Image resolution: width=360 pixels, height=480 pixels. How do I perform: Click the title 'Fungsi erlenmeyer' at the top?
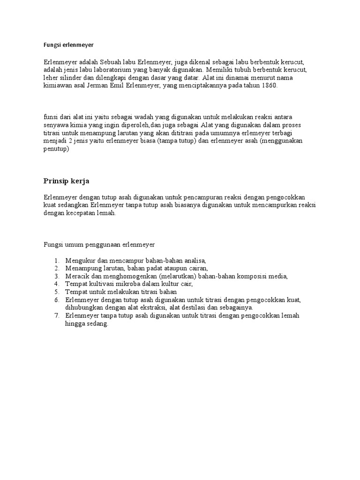(69, 45)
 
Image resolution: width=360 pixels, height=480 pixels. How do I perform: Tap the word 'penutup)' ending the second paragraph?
(56, 149)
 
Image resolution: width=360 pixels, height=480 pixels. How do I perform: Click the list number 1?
(56, 260)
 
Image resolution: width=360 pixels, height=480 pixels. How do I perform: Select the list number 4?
(56, 284)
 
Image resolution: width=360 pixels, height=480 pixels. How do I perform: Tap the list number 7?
(56, 316)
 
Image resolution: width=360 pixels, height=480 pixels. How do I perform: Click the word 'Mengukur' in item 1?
(80, 260)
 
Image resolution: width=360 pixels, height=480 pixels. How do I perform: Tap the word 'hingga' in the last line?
(75, 324)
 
